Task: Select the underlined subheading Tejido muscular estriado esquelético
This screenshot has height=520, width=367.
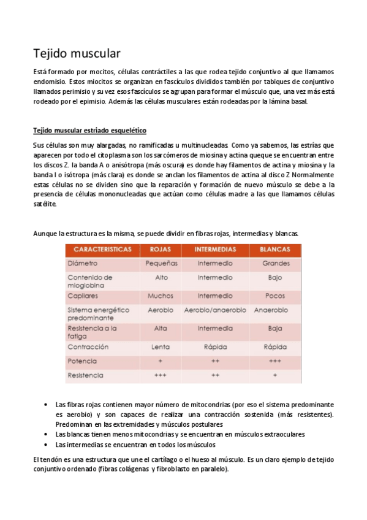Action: [89, 131]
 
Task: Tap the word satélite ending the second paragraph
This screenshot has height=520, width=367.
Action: [44, 205]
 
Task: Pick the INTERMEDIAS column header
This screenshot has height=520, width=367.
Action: [215, 250]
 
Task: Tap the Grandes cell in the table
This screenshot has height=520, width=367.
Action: [275, 263]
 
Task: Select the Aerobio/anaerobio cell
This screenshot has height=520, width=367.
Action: [215, 310]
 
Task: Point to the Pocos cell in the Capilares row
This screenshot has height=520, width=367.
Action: [275, 296]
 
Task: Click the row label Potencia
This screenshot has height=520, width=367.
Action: [83, 361]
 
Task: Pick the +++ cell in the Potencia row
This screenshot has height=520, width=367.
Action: [275, 361]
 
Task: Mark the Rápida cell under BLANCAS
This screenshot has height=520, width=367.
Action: [275, 347]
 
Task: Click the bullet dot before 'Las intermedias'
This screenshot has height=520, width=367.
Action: [47, 444]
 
